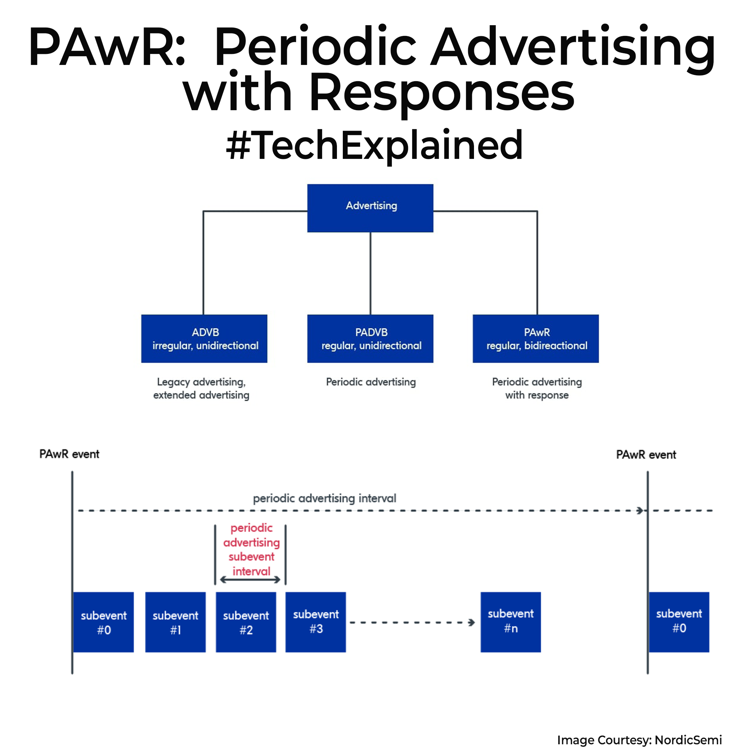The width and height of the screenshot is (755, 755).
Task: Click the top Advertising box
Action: point(370,208)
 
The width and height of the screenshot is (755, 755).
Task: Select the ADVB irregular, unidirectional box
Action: point(204,338)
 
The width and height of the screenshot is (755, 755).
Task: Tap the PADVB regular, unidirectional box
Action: point(370,338)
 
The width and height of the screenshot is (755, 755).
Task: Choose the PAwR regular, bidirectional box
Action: point(535,338)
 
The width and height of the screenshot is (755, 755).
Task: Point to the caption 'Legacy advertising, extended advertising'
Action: point(201,388)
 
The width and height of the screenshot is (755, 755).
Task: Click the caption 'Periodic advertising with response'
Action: point(536,388)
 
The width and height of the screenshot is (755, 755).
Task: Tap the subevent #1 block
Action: point(175,622)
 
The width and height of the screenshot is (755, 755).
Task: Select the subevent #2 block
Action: point(246,622)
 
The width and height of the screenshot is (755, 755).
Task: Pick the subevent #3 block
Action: point(316,622)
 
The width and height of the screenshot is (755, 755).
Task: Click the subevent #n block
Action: point(510,622)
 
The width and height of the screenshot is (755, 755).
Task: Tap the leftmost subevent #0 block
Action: point(104,622)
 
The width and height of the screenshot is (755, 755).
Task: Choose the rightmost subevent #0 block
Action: point(679,622)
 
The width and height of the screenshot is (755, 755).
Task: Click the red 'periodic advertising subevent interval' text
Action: point(251,549)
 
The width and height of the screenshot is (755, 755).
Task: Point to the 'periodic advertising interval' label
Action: point(325,498)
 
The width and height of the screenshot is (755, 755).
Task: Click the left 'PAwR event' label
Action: point(69,454)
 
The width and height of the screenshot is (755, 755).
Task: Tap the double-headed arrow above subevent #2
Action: point(250,580)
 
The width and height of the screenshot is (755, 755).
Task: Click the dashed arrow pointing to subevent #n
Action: point(412,622)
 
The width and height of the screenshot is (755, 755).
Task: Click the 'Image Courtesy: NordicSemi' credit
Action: point(639,740)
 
